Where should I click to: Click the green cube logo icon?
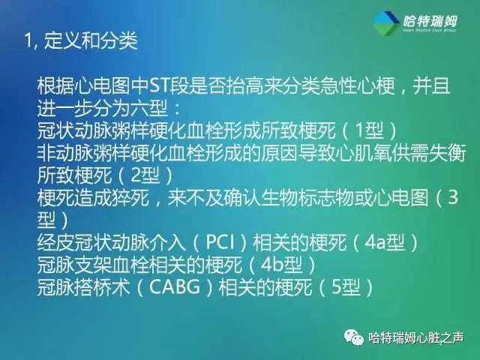point(388,23)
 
